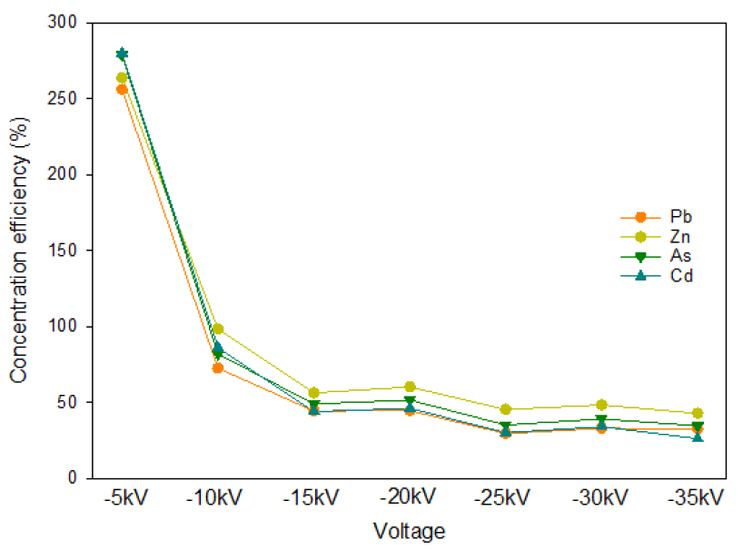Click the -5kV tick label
point(121,499)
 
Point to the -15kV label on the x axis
point(313,499)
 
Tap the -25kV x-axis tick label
point(505,499)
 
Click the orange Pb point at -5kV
point(122,89)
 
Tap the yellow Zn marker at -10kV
point(218,329)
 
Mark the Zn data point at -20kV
point(410,387)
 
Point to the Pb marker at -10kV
point(218,368)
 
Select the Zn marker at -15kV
point(313,393)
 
